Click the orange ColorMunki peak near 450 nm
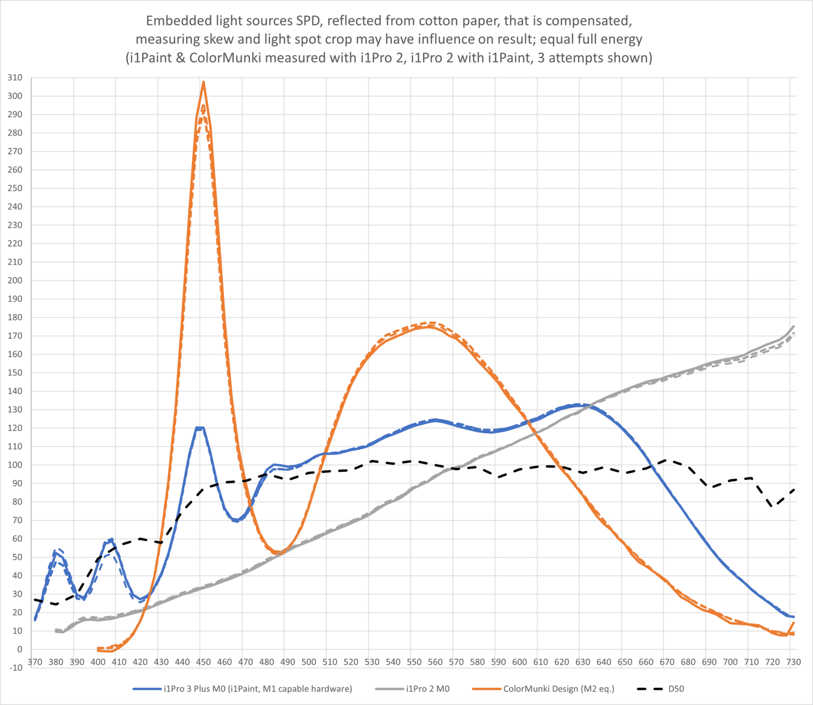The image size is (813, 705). point(203,82)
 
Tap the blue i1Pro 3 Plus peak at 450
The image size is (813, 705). point(200,428)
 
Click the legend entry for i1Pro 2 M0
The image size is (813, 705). point(428,689)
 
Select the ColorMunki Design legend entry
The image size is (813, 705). point(558,689)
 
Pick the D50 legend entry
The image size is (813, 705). point(676,689)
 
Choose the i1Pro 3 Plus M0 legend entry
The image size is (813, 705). point(257,689)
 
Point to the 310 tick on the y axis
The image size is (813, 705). point(15,78)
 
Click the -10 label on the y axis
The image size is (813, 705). point(15,668)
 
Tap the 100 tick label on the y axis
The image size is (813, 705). point(15,465)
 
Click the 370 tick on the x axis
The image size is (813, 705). point(35,662)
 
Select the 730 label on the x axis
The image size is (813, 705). point(793,662)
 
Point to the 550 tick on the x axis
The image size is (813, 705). point(414,662)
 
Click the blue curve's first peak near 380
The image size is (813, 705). point(55,552)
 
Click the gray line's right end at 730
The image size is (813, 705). point(793,326)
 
